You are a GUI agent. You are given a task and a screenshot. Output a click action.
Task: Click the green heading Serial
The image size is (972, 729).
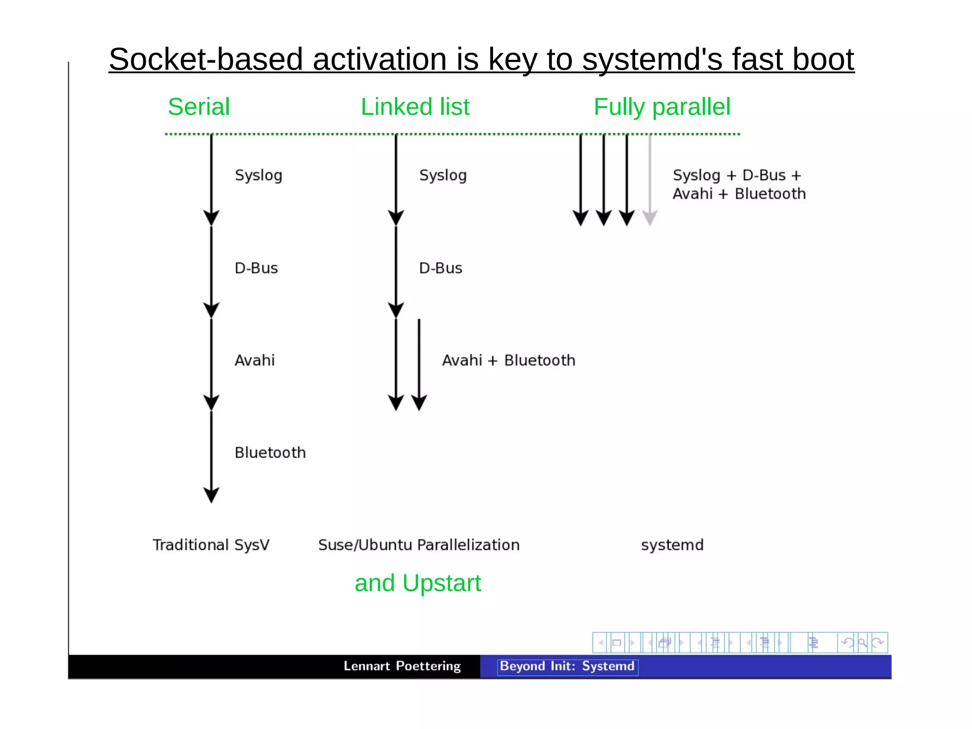(198, 107)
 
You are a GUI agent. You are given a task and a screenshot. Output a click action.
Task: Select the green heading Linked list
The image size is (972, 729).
(415, 107)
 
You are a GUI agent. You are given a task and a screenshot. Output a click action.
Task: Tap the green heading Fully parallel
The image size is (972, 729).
(662, 107)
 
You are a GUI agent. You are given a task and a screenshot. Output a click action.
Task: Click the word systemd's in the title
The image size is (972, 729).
(652, 59)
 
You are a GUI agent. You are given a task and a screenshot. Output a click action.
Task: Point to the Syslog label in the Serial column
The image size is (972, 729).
(258, 175)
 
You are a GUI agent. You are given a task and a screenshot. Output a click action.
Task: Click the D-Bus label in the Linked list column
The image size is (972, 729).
(440, 268)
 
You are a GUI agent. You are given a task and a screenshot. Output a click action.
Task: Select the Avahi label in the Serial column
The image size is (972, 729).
(254, 360)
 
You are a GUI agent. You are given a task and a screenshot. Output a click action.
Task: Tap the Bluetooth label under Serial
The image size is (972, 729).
(270, 452)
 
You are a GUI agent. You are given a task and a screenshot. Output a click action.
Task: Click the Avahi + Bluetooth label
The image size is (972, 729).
(508, 360)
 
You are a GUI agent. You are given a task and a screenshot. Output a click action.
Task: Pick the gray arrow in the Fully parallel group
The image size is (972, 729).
(650, 180)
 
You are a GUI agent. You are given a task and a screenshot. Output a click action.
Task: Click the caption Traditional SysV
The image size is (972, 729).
(211, 545)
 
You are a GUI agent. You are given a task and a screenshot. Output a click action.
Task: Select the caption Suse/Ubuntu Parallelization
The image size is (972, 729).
(419, 545)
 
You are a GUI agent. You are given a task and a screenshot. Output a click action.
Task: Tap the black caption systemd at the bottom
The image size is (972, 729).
(672, 545)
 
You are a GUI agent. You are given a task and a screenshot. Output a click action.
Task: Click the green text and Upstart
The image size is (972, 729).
(418, 583)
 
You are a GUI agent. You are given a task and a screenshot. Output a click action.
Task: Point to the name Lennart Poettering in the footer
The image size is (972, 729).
(402, 666)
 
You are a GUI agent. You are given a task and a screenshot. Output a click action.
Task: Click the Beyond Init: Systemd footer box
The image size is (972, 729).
(567, 666)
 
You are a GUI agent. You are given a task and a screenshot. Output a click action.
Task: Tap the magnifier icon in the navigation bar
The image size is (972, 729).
(862, 643)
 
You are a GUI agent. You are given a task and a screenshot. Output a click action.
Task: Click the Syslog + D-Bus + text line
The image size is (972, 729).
(737, 175)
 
